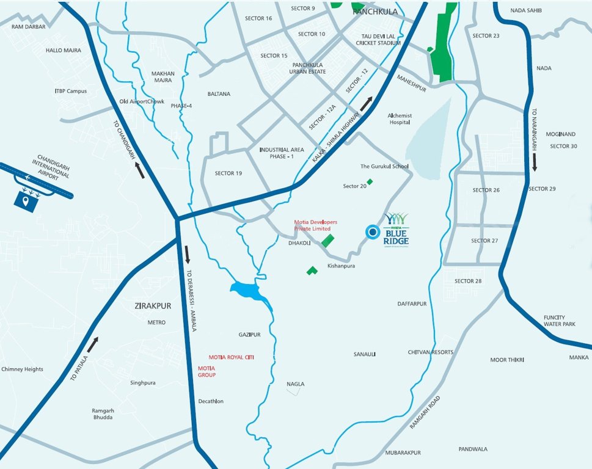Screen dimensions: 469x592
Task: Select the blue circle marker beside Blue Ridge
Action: (x=371, y=231)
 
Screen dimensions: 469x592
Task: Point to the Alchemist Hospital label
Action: (x=400, y=119)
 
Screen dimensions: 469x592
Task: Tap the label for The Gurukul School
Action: (x=384, y=167)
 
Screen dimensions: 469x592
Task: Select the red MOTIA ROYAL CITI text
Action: (x=231, y=357)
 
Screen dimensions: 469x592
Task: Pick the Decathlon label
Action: (x=211, y=401)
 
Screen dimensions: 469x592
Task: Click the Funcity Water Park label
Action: (x=560, y=321)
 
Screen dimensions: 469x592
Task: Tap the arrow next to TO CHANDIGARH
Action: (x=140, y=171)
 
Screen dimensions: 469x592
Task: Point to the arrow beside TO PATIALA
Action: (x=92, y=344)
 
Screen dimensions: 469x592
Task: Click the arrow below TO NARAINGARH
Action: (x=535, y=162)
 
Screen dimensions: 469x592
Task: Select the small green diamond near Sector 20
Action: (x=370, y=181)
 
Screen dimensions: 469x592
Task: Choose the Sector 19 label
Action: (x=228, y=173)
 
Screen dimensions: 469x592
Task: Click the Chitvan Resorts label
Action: (x=431, y=352)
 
